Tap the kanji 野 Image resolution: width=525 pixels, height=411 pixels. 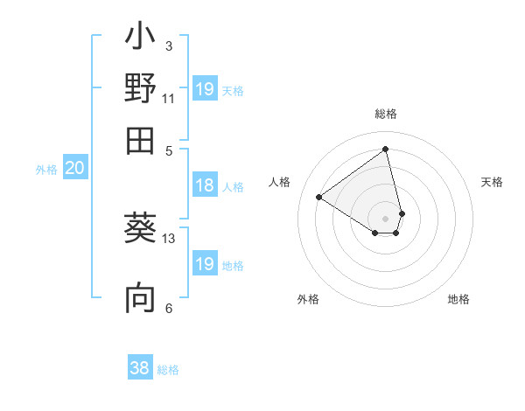point(140,88)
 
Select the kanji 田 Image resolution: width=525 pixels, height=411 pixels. point(140,139)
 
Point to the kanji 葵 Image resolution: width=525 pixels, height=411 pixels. point(140,228)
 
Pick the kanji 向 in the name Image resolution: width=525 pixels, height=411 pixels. point(140,298)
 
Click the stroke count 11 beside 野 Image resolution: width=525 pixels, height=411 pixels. point(169,99)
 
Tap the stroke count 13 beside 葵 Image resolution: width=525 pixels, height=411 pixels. point(169,238)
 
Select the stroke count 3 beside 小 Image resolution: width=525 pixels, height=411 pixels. point(169,46)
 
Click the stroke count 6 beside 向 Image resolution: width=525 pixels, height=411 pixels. point(169,308)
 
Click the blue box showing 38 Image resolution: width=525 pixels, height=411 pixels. point(140,368)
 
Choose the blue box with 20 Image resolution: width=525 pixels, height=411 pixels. point(74,169)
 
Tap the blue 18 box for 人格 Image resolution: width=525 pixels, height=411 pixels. point(205,185)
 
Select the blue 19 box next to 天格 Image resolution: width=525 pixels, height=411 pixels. point(205,89)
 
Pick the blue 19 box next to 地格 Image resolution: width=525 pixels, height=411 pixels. point(205,264)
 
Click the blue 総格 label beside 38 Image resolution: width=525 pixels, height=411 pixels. point(168,370)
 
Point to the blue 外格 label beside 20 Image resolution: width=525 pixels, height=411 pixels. point(45,170)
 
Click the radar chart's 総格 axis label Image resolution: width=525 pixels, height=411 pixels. point(386,114)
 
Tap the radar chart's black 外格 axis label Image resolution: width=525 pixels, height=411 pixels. point(308,299)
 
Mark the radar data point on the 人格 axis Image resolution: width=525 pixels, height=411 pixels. point(319,197)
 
